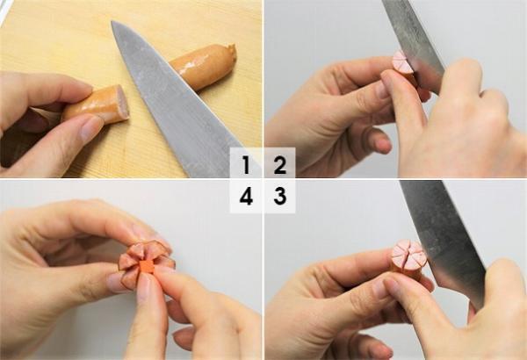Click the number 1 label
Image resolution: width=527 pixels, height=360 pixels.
click(246, 164)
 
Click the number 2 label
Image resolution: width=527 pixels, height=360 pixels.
click(279, 164)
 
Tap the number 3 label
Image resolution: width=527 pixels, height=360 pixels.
click(279, 196)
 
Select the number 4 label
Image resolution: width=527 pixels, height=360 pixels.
click(246, 197)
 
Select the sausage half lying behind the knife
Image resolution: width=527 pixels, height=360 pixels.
click(205, 66)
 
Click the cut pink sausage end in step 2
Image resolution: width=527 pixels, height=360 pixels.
click(404, 63)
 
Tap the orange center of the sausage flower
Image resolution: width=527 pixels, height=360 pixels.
click(147, 265)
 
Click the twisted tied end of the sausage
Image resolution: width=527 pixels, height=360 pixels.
click(231, 51)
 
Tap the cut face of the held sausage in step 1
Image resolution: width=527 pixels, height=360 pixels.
click(122, 103)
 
